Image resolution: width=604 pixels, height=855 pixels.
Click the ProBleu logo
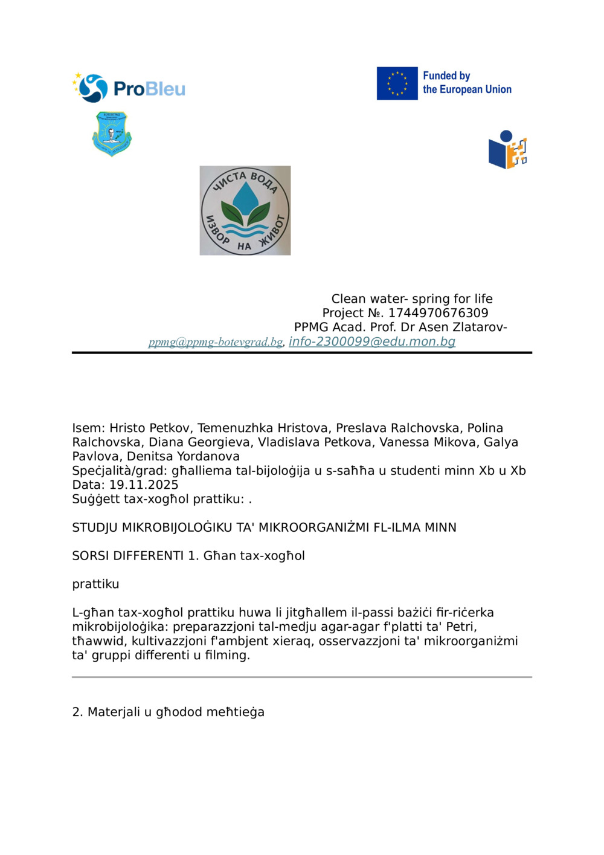(129, 88)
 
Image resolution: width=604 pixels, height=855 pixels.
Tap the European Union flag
(397, 83)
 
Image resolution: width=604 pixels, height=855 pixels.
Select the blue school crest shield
(112, 134)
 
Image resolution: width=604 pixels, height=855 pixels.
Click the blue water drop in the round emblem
(245, 199)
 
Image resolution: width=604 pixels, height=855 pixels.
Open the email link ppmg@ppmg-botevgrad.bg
(216, 342)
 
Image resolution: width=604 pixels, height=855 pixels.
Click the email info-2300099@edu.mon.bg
(371, 341)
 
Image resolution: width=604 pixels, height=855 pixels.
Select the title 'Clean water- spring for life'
(412, 298)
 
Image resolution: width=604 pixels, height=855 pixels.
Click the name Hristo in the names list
(127, 428)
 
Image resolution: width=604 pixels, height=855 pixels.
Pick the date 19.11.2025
(144, 485)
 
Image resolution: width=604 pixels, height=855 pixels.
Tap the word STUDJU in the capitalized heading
(95, 528)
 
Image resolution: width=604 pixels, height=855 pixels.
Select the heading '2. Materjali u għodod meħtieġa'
(168, 712)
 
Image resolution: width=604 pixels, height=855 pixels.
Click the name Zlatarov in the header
(480, 327)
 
